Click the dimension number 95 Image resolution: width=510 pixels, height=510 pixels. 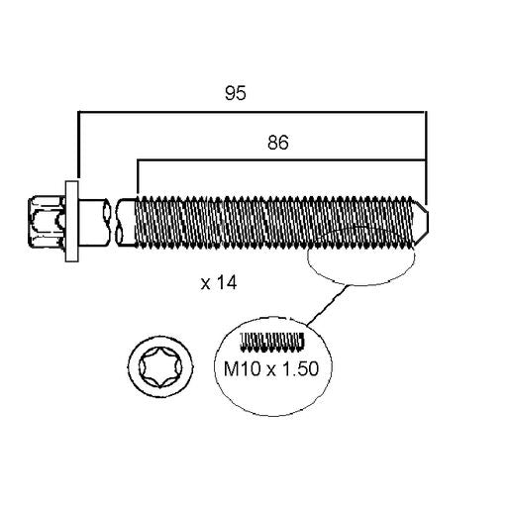point(236,93)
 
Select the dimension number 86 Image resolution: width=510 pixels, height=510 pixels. point(278,143)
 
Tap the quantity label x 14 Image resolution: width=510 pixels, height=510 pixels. point(219,283)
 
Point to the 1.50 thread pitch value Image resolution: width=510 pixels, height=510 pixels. point(300,368)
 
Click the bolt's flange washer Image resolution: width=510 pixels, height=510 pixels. point(71,221)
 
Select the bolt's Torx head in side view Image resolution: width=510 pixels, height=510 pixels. point(47,221)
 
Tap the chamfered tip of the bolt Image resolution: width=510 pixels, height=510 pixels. point(421,221)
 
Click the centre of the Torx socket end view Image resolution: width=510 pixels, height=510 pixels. point(160,366)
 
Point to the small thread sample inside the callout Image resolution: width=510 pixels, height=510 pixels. point(272,341)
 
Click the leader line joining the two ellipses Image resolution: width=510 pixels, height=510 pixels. point(327,305)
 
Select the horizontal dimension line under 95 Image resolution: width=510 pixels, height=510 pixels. point(252,112)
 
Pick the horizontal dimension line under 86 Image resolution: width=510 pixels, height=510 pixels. point(281,160)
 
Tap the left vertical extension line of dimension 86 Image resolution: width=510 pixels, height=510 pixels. point(138,177)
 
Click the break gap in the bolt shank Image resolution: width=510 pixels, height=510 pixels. point(112,221)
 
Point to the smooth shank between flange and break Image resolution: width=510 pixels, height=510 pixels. point(92,221)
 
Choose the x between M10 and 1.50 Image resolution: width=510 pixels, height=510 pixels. point(271,370)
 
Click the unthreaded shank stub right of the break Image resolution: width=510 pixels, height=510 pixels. point(127,221)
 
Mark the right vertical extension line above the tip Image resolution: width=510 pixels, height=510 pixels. point(426,157)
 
